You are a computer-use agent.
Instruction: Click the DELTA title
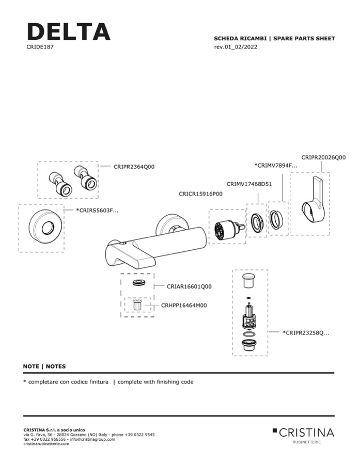pos(69,31)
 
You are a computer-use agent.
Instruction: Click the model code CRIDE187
pos(40,47)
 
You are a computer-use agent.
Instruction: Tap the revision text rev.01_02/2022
pos(236,47)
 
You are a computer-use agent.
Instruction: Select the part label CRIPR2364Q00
pos(134,167)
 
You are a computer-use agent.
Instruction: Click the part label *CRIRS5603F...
pos(97,211)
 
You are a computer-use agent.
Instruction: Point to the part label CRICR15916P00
pos(200,194)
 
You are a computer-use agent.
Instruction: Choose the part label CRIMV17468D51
pos(249,184)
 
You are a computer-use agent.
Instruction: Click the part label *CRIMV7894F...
pos(276,166)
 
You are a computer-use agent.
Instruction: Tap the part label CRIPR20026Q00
pos(323,157)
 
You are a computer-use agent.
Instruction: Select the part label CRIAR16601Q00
pos(189,287)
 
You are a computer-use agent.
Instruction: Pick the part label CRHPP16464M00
pos(184,306)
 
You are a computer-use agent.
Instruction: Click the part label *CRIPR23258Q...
pos(306,333)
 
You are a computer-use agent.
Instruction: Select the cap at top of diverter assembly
pos(249,281)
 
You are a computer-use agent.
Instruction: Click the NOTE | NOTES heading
pos(44,366)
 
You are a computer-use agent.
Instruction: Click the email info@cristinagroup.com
pos(92,439)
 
